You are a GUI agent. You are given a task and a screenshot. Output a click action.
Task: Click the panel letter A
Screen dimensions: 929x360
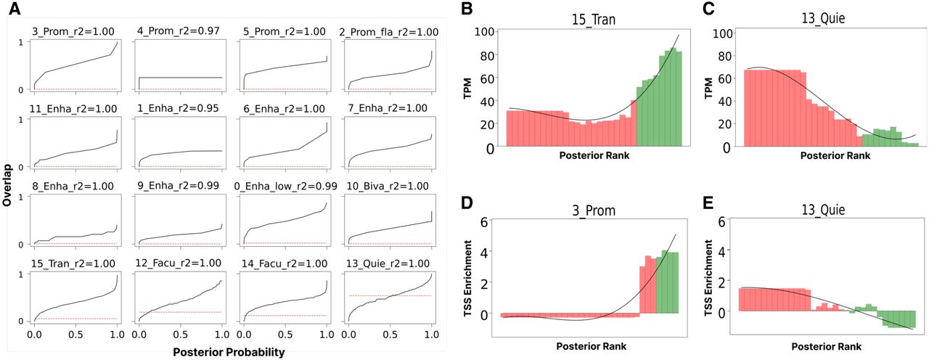pyautogui.click(x=15, y=8)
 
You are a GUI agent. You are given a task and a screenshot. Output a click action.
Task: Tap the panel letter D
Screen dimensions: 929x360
pyautogui.click(x=467, y=202)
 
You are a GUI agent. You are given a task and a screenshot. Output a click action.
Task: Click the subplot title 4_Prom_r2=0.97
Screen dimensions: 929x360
pyautogui.click(x=179, y=30)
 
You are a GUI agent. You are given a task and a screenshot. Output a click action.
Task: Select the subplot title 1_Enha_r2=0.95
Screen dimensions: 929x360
pyautogui.click(x=178, y=108)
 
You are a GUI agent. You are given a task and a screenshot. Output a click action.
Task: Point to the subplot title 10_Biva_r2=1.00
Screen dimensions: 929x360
pyautogui.click(x=388, y=186)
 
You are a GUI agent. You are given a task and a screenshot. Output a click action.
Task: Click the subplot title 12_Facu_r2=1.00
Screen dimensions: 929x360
pyautogui.click(x=179, y=263)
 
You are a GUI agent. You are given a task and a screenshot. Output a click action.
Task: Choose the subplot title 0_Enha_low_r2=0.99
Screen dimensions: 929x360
pyautogui.click(x=285, y=187)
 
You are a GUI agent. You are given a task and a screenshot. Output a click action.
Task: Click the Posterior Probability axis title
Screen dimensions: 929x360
pyautogui.click(x=229, y=352)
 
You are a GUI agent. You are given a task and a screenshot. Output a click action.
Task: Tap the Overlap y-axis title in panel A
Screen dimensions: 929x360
pyautogui.click(x=7, y=185)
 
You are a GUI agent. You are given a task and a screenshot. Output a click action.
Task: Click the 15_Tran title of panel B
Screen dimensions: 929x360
pyautogui.click(x=594, y=20)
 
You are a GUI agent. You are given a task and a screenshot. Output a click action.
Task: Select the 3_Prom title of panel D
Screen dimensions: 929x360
pyautogui.click(x=594, y=210)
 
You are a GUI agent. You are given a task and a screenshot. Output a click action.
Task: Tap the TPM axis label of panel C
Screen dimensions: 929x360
pyautogui.click(x=709, y=88)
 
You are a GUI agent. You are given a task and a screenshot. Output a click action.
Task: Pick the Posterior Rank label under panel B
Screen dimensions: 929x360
pyautogui.click(x=594, y=155)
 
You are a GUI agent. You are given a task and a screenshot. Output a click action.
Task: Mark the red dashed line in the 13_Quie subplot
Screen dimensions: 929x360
pyautogui.click(x=390, y=295)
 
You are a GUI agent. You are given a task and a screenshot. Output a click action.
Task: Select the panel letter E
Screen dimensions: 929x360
pyautogui.click(x=709, y=202)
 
